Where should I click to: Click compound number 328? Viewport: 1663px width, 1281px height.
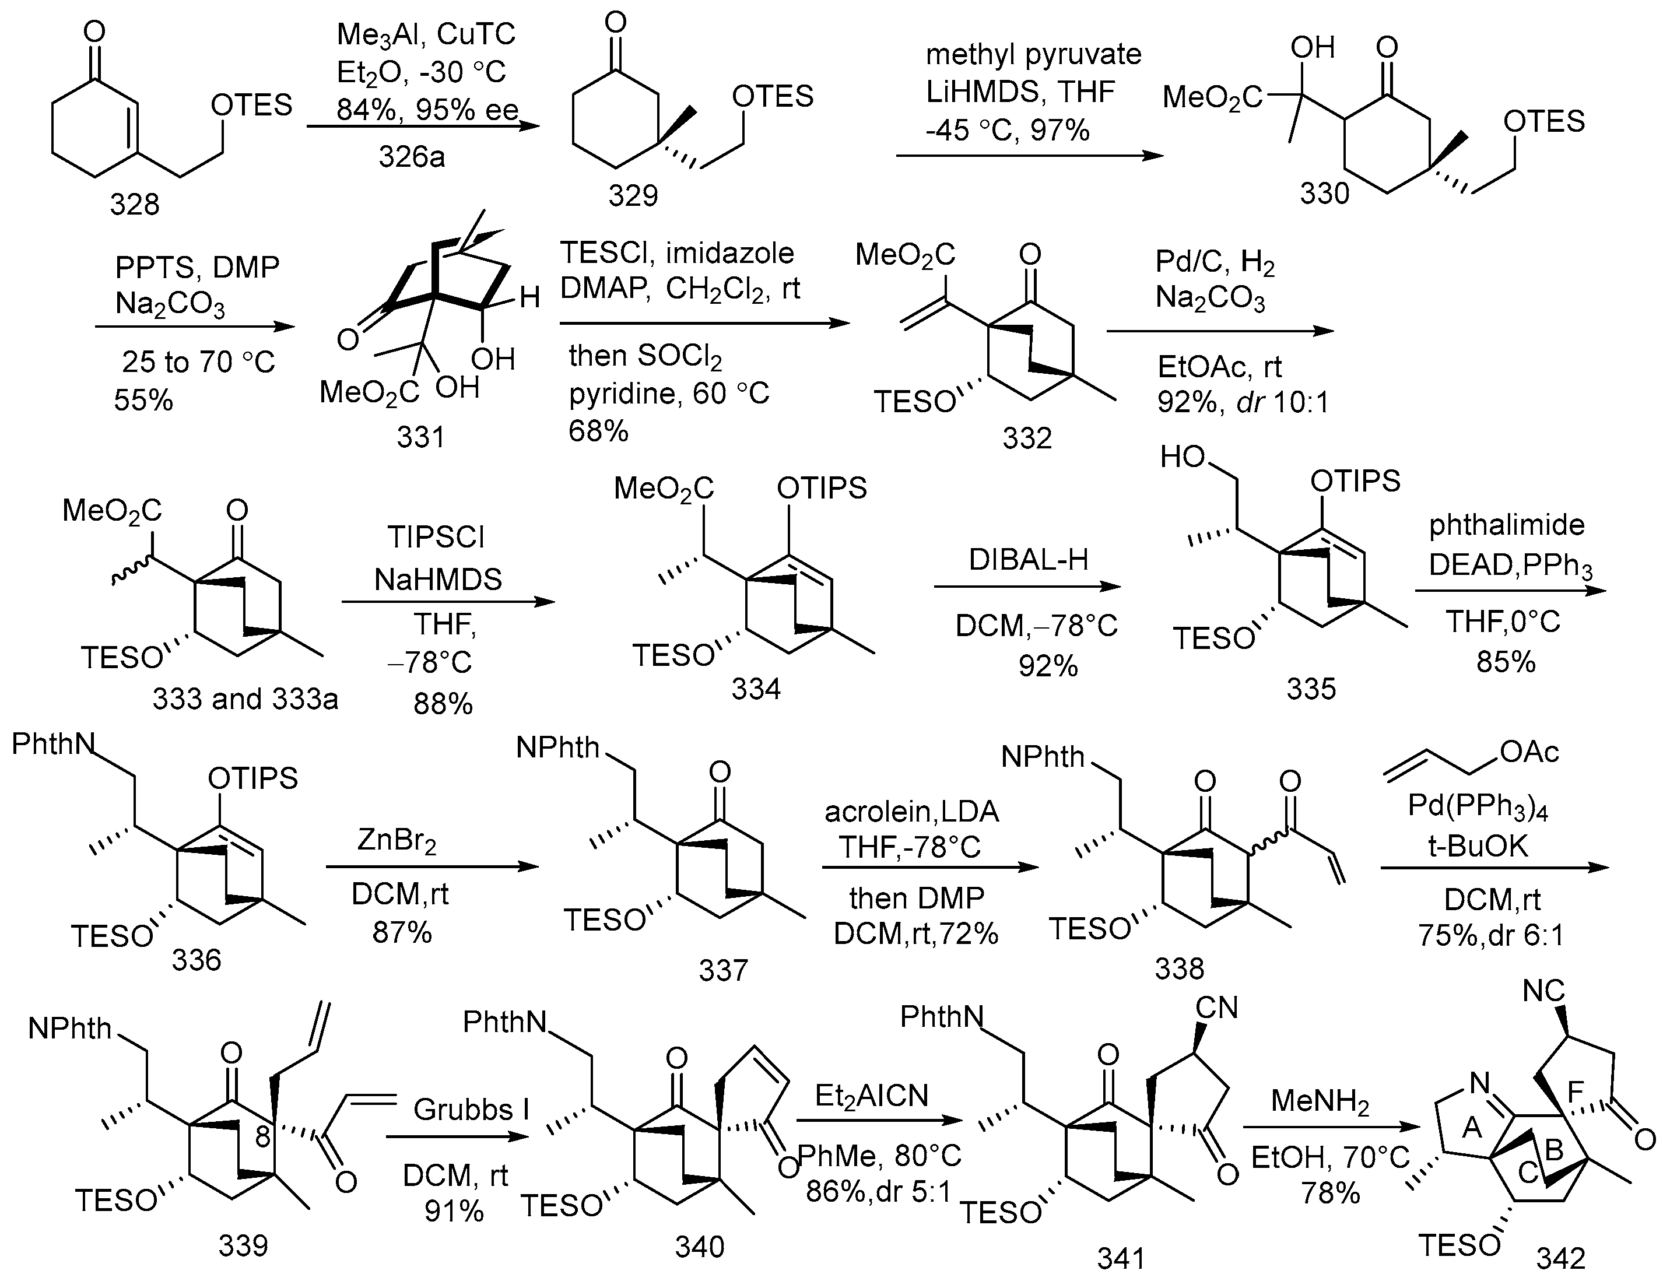coord(134,205)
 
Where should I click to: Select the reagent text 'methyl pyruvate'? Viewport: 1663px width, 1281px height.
coord(1033,55)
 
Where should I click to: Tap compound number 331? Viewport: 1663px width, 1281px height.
coord(420,437)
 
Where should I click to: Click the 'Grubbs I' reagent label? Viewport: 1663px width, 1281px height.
coord(471,1110)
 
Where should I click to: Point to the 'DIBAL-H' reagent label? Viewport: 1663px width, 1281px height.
coord(1028,560)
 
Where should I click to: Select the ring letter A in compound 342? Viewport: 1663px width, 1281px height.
coord(1471,1126)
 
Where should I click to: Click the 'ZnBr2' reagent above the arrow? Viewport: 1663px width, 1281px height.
coord(397,841)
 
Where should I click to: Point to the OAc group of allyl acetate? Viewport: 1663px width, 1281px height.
coord(1529,753)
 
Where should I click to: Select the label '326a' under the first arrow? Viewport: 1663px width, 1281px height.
coord(411,157)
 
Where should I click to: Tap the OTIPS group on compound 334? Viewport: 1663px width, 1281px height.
coord(822,488)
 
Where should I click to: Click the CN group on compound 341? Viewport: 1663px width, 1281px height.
coord(1216,1008)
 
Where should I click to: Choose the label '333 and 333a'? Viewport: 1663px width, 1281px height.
coord(245,699)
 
